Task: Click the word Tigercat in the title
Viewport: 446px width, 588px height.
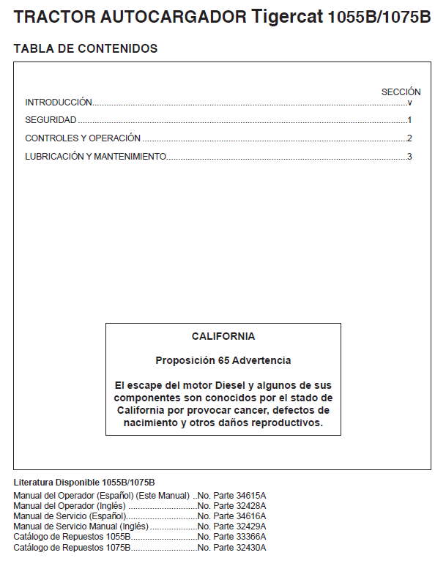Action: [286, 17]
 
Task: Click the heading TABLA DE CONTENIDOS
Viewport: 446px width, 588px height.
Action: [85, 49]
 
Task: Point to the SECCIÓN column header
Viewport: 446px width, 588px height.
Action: [401, 92]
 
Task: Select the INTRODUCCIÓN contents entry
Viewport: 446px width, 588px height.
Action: [59, 103]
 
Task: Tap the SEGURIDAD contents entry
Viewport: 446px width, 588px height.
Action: [51, 120]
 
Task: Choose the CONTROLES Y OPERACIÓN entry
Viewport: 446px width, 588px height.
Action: [83, 138]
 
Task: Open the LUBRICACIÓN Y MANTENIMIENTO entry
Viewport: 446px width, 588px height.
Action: [95, 156]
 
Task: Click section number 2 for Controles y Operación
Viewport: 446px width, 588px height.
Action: [410, 138]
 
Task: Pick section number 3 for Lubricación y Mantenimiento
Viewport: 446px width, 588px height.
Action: [410, 156]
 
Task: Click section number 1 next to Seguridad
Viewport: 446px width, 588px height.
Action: [410, 120]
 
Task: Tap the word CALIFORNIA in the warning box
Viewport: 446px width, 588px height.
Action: [223, 337]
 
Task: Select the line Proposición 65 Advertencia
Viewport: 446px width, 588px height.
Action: [223, 360]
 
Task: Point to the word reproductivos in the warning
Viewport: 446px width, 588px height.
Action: [284, 423]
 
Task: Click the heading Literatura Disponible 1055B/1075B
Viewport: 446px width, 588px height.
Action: [84, 483]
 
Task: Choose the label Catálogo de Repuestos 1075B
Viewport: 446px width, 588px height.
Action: [72, 547]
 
